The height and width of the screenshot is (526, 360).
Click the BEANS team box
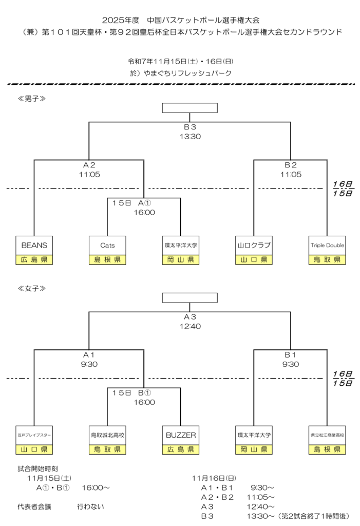pos(34,245)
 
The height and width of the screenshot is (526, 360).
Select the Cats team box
pos(107,245)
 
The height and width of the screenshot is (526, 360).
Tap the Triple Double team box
pos(327,245)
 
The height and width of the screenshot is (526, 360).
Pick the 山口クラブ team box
pos(254,245)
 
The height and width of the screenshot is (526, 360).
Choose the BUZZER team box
pos(181,435)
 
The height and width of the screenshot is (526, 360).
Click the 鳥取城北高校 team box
pos(107,435)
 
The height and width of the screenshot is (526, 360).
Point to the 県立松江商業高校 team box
pos(327,435)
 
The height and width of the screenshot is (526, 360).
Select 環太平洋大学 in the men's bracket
pos(181,245)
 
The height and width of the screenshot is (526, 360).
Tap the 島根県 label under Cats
pos(107,260)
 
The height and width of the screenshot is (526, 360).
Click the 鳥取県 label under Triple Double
pos(327,260)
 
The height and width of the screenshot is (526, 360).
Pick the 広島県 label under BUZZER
pos(181,450)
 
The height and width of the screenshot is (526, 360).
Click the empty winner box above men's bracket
pos(190,107)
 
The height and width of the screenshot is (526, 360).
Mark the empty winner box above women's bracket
pos(190,297)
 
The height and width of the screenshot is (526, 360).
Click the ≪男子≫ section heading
pos(32,98)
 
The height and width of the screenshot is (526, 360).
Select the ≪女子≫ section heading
pos(32,288)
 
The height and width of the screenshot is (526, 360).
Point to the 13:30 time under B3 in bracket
pos(190,137)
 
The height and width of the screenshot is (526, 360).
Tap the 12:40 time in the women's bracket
pos(190,326)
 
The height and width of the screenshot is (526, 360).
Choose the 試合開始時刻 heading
pos(37,468)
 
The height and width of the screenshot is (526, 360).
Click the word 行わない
pos(90,506)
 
